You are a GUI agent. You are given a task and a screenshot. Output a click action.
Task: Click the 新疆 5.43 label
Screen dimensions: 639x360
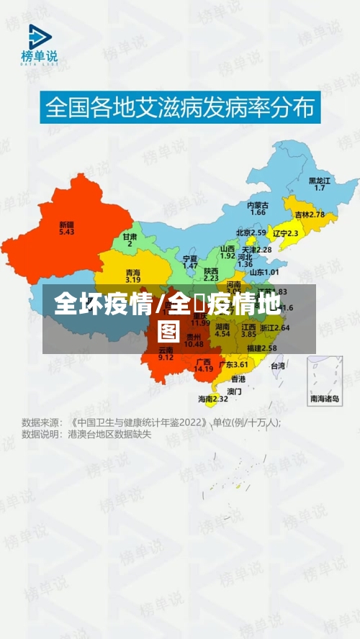tap(66, 228)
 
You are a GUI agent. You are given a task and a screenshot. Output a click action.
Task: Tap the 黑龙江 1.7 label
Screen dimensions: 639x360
tap(319, 183)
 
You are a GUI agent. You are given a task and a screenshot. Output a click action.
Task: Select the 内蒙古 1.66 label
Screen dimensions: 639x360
tap(258, 208)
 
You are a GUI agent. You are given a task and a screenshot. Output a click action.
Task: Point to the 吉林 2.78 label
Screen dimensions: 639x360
tap(310, 214)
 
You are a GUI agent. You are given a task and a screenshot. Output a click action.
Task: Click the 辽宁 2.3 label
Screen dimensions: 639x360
tap(286, 233)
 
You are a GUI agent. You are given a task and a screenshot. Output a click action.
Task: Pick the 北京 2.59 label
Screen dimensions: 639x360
tap(251, 233)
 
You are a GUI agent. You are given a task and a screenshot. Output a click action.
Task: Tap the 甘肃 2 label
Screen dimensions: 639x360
tap(130, 240)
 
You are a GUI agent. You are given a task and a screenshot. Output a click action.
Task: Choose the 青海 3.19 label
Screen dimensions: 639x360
tap(133, 276)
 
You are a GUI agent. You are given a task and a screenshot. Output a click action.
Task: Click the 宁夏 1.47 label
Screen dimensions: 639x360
tap(190, 261)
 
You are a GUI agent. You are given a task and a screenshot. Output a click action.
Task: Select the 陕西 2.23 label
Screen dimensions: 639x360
tap(211, 273)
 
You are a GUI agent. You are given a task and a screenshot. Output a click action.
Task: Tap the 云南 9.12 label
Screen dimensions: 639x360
tap(166, 353)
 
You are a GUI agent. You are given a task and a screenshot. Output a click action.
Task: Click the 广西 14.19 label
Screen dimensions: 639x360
tap(204, 365)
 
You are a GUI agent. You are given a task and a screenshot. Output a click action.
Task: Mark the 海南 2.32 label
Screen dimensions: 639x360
tap(213, 399)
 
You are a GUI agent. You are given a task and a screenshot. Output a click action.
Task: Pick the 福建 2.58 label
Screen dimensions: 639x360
tap(262, 348)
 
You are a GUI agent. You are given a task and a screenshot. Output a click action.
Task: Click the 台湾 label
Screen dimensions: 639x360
tap(277, 366)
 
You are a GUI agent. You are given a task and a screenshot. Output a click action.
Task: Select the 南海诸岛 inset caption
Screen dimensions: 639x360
tap(325, 399)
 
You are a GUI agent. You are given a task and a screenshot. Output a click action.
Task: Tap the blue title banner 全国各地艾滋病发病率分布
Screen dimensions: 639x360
tap(180, 108)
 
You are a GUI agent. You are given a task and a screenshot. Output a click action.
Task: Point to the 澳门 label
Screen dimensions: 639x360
tap(234, 391)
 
